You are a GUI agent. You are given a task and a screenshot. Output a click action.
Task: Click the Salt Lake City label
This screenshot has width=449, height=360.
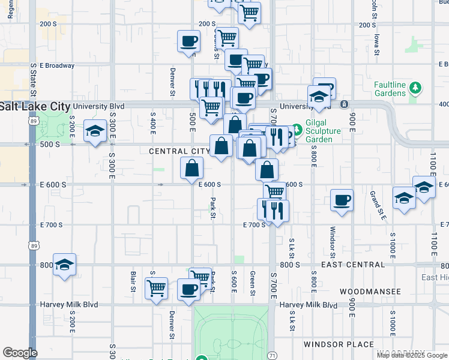pyautogui.click(x=35, y=106)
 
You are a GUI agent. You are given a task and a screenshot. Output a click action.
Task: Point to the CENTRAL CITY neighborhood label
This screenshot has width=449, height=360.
pyautogui.click(x=179, y=151)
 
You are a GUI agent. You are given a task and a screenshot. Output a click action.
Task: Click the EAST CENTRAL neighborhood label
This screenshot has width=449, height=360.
pyautogui.click(x=353, y=265)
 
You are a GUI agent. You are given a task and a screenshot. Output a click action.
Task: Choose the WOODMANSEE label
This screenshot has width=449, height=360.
pyautogui.click(x=370, y=291)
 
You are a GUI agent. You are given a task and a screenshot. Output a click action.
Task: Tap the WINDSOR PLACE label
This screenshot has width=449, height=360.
pyautogui.click(x=340, y=344)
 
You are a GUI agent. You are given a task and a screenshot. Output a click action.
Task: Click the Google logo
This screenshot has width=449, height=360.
pyautogui.click(x=20, y=353)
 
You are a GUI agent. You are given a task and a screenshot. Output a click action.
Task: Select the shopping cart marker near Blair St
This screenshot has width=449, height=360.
pyautogui.click(x=157, y=289)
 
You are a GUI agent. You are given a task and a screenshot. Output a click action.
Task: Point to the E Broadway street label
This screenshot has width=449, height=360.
pyautogui.click(x=57, y=65)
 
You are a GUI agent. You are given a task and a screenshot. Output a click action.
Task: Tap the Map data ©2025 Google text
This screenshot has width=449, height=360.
pyautogui.click(x=411, y=355)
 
